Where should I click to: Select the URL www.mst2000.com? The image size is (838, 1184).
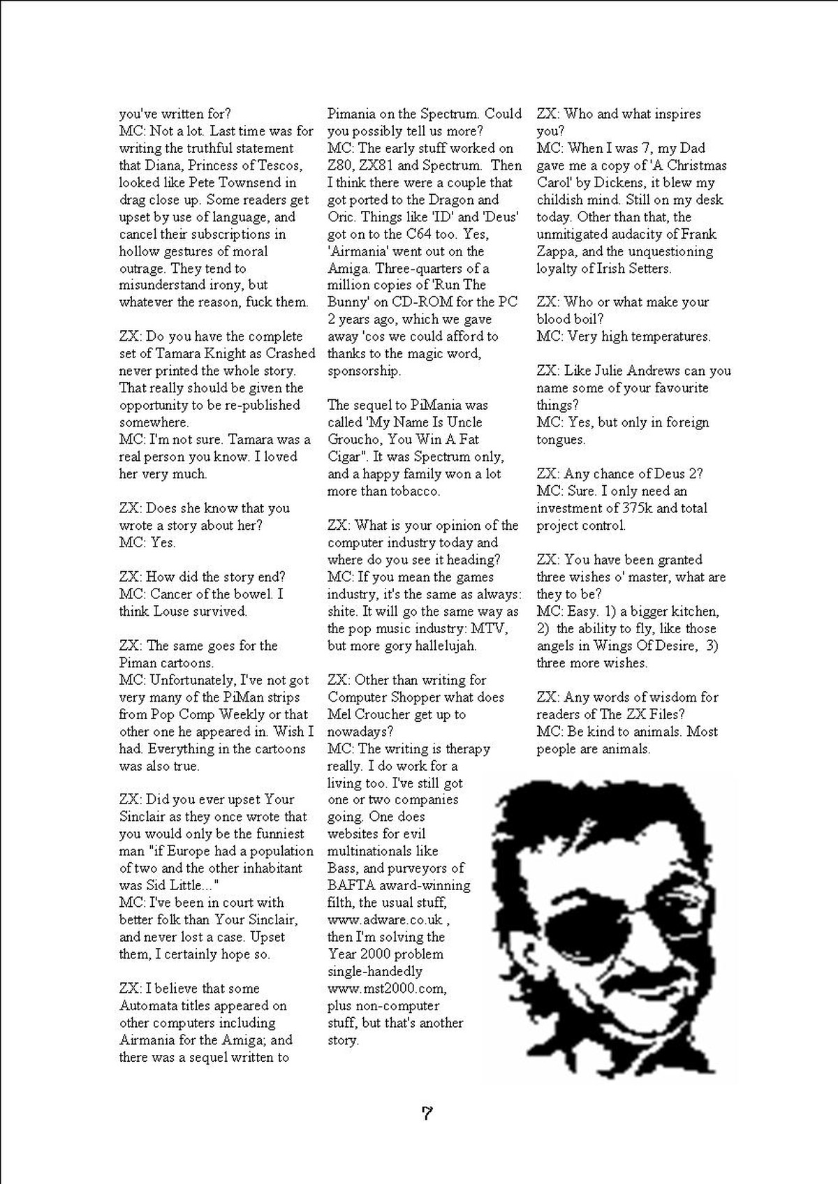click(x=386, y=988)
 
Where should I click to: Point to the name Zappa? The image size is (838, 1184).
click(x=557, y=251)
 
